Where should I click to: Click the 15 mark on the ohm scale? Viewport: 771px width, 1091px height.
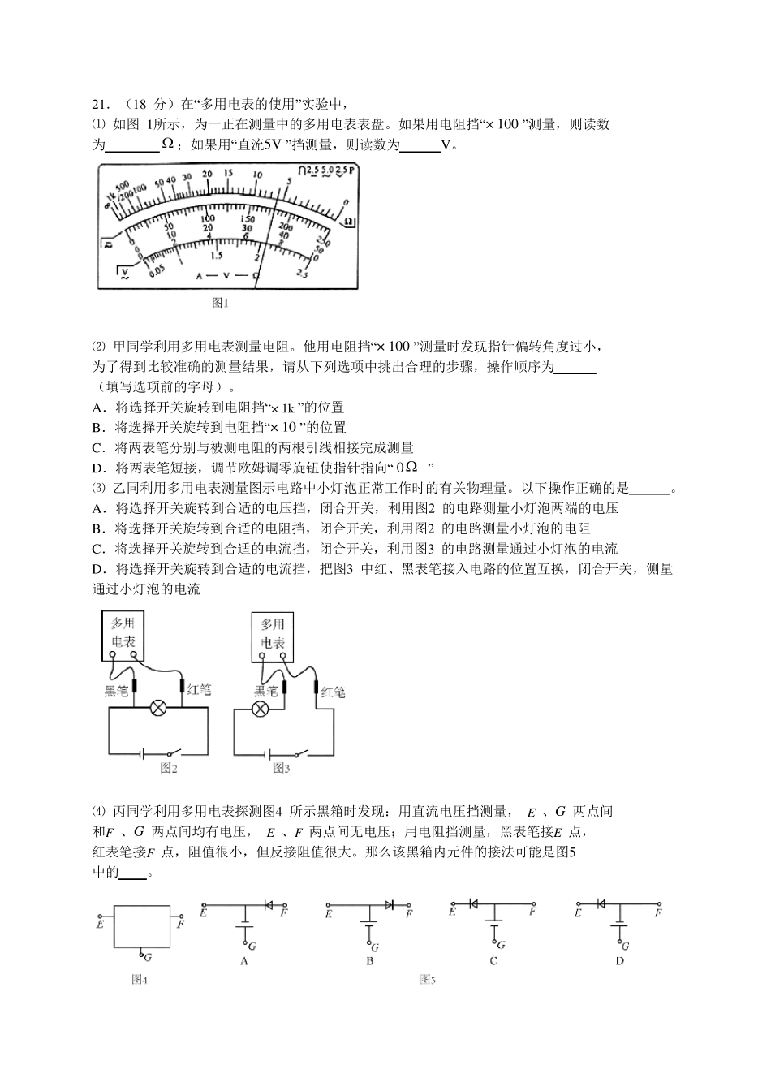click(229, 173)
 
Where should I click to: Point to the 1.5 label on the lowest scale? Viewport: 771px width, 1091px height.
click(217, 254)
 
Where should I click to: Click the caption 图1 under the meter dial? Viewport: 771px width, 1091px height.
click(221, 303)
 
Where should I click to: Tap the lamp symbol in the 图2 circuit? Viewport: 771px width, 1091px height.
click(159, 709)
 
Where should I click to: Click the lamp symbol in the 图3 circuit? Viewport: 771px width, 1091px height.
click(260, 709)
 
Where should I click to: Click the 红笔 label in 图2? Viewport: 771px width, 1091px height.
click(199, 690)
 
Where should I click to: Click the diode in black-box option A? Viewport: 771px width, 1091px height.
click(269, 904)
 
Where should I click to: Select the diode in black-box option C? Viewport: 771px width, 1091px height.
click(473, 903)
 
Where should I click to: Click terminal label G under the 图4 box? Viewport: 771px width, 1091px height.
click(147, 957)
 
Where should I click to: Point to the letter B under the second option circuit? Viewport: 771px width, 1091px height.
click(369, 961)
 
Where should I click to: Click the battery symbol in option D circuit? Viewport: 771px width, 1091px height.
click(620, 924)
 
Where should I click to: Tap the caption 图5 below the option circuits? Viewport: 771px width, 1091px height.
click(428, 980)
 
